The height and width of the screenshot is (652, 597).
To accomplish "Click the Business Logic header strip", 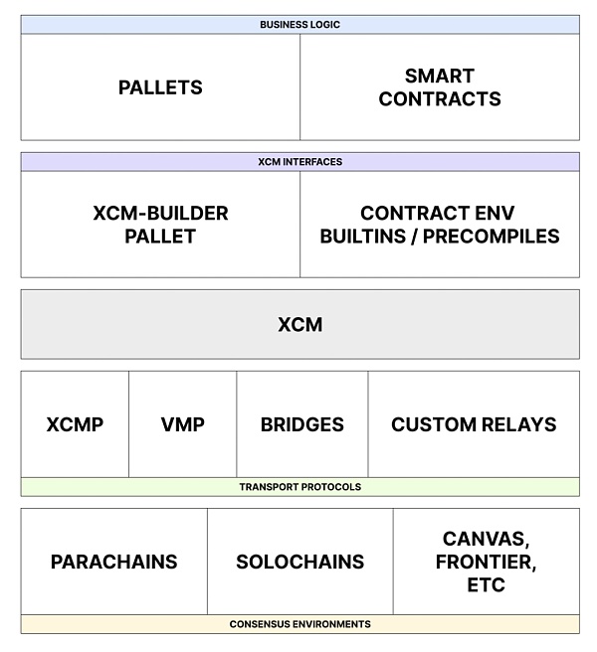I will (299, 24).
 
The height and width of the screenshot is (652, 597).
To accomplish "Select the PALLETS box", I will (160, 87).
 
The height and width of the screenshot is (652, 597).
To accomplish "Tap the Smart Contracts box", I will (439, 87).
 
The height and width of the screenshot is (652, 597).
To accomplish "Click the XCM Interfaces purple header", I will (299, 161).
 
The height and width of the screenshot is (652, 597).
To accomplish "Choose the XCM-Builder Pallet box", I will (160, 225).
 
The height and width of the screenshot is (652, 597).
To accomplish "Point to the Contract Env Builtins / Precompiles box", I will (439, 225).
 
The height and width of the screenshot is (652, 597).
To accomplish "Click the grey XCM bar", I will (299, 324).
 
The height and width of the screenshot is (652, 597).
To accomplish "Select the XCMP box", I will (75, 424).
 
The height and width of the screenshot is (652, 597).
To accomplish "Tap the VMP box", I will (182, 424).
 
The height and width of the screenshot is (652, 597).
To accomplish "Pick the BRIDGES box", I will (301, 424).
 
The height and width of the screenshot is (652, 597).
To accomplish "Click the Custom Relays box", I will (474, 424).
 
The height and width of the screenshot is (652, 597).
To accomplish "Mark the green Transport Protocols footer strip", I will (299, 487).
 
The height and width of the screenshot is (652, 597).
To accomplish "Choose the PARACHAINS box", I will (113, 562).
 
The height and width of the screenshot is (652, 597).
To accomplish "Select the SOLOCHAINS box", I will (299, 562).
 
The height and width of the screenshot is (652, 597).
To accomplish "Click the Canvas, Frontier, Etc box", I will (486, 562).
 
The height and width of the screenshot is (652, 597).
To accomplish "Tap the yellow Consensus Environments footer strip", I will (299, 624).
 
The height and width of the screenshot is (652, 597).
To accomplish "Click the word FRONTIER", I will (486, 563).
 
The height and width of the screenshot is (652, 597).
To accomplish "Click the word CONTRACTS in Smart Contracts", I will (439, 99).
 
